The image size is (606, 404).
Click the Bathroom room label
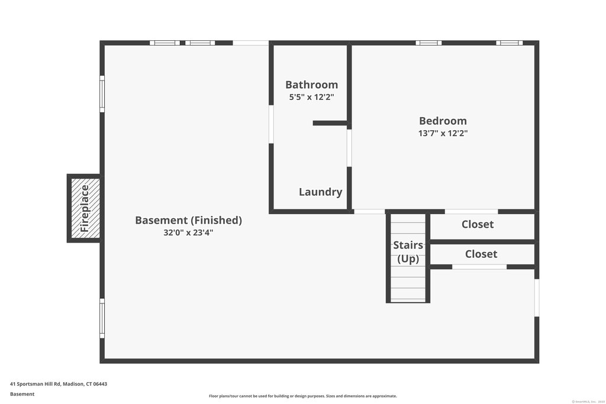pos(311,85)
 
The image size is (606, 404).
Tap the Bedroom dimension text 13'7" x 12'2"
pos(443,133)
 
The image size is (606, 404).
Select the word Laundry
pos(320,192)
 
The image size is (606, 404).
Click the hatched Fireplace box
pos(84,208)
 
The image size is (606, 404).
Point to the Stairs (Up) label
pos(408,251)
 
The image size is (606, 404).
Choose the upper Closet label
pos(477,225)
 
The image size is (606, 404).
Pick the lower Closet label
pos(481,254)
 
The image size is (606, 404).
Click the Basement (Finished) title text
pos(188,220)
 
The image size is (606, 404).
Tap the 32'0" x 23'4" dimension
pos(188,233)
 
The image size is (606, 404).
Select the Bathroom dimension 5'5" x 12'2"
pos(311,98)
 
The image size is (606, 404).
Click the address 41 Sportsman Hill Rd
pos(59,384)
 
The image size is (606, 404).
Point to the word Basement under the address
pos(22,394)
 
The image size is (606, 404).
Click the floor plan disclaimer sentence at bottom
pos(302,396)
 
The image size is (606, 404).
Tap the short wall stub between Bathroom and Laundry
pos(330,123)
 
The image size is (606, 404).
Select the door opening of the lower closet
pos(479,267)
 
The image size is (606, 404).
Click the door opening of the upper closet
pos(471,211)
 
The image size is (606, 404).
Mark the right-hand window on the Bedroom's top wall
pos(509,43)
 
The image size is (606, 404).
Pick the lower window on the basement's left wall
pos(102,318)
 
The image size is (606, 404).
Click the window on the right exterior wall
pos(537,298)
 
